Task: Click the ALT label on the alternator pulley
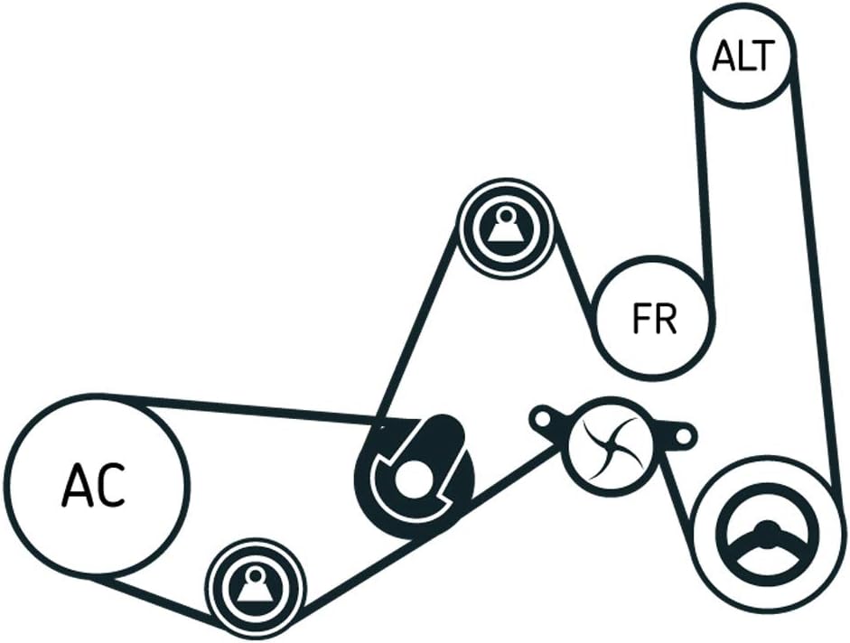743,56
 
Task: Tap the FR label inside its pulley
655,319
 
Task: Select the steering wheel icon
766,543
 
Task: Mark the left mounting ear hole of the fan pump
543,418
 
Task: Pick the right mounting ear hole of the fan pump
683,437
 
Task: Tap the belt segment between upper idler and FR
574,280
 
